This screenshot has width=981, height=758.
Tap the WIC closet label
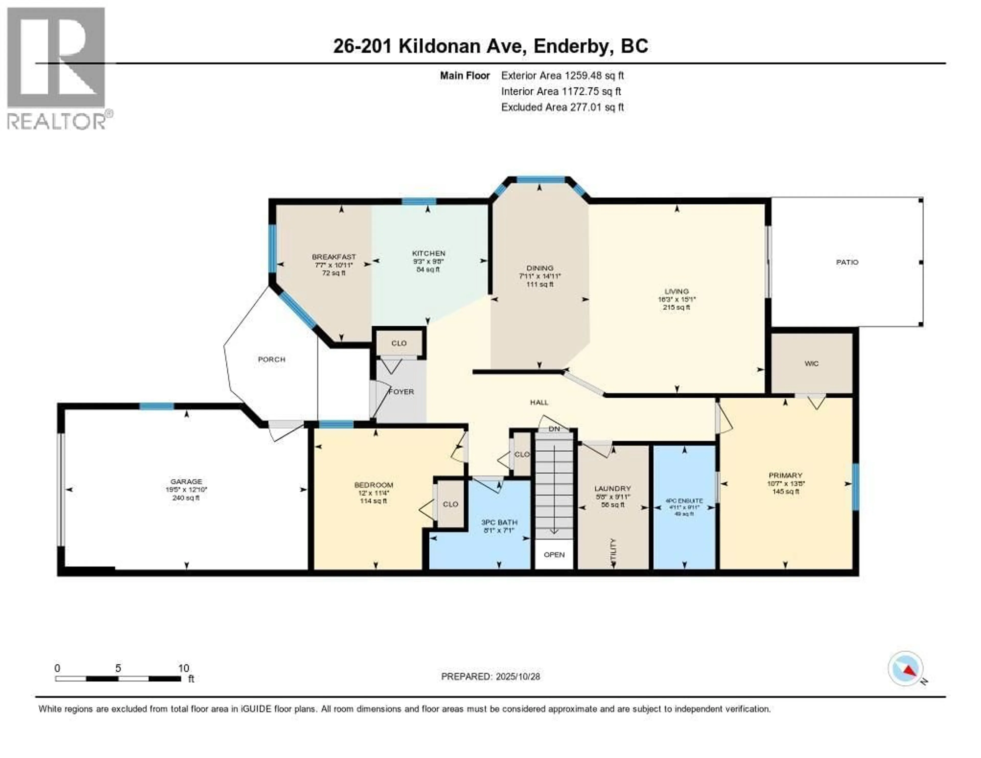(x=811, y=363)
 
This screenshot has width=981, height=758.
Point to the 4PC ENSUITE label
(x=684, y=501)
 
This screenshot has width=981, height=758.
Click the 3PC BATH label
(x=499, y=522)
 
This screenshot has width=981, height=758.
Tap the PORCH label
(x=271, y=360)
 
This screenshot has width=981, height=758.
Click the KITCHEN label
(x=428, y=254)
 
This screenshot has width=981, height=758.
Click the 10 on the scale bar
(x=183, y=668)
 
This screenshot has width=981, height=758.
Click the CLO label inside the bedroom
(x=450, y=504)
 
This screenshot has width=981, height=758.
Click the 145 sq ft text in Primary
(x=785, y=491)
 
